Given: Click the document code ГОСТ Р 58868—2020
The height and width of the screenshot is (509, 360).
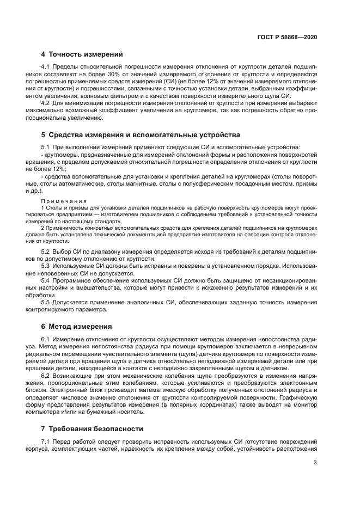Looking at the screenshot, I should [287, 37].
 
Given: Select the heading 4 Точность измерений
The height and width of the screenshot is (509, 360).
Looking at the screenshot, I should [82, 54].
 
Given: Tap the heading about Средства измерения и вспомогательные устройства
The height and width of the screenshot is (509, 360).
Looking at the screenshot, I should [141, 135].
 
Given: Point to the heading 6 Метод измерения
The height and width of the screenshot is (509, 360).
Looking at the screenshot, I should [77, 327].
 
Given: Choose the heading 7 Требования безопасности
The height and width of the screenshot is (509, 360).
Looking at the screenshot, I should [93, 428].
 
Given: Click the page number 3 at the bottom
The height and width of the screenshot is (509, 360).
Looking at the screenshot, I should [315, 478].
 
